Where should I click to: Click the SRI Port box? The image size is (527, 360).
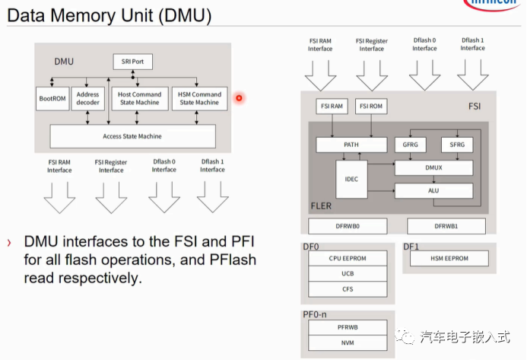pos(132,62)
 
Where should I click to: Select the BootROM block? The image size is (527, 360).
pos(52,98)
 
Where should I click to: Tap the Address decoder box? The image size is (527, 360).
pos(88,98)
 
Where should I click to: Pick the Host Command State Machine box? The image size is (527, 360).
pos(139,98)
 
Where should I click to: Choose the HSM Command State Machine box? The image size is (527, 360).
pos(198,98)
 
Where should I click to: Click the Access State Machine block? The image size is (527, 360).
pos(132,136)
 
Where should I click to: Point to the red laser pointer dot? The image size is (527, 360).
pos(239,97)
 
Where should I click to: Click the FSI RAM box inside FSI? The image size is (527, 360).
pos(331,107)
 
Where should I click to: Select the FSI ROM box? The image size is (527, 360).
pos(372,107)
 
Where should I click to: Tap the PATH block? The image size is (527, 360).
pos(351,145)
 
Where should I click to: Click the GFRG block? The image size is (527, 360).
pos(411,145)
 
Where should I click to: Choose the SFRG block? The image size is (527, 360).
pos(456,145)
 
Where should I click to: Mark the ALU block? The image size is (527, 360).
pos(433,191)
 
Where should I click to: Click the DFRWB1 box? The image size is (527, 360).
pos(445,226)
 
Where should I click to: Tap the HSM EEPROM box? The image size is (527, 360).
pos(449,259)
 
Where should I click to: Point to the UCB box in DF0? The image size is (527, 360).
pos(348,273)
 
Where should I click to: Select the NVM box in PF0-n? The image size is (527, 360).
pos(348,342)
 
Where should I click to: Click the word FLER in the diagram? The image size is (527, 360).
pos(322,205)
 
